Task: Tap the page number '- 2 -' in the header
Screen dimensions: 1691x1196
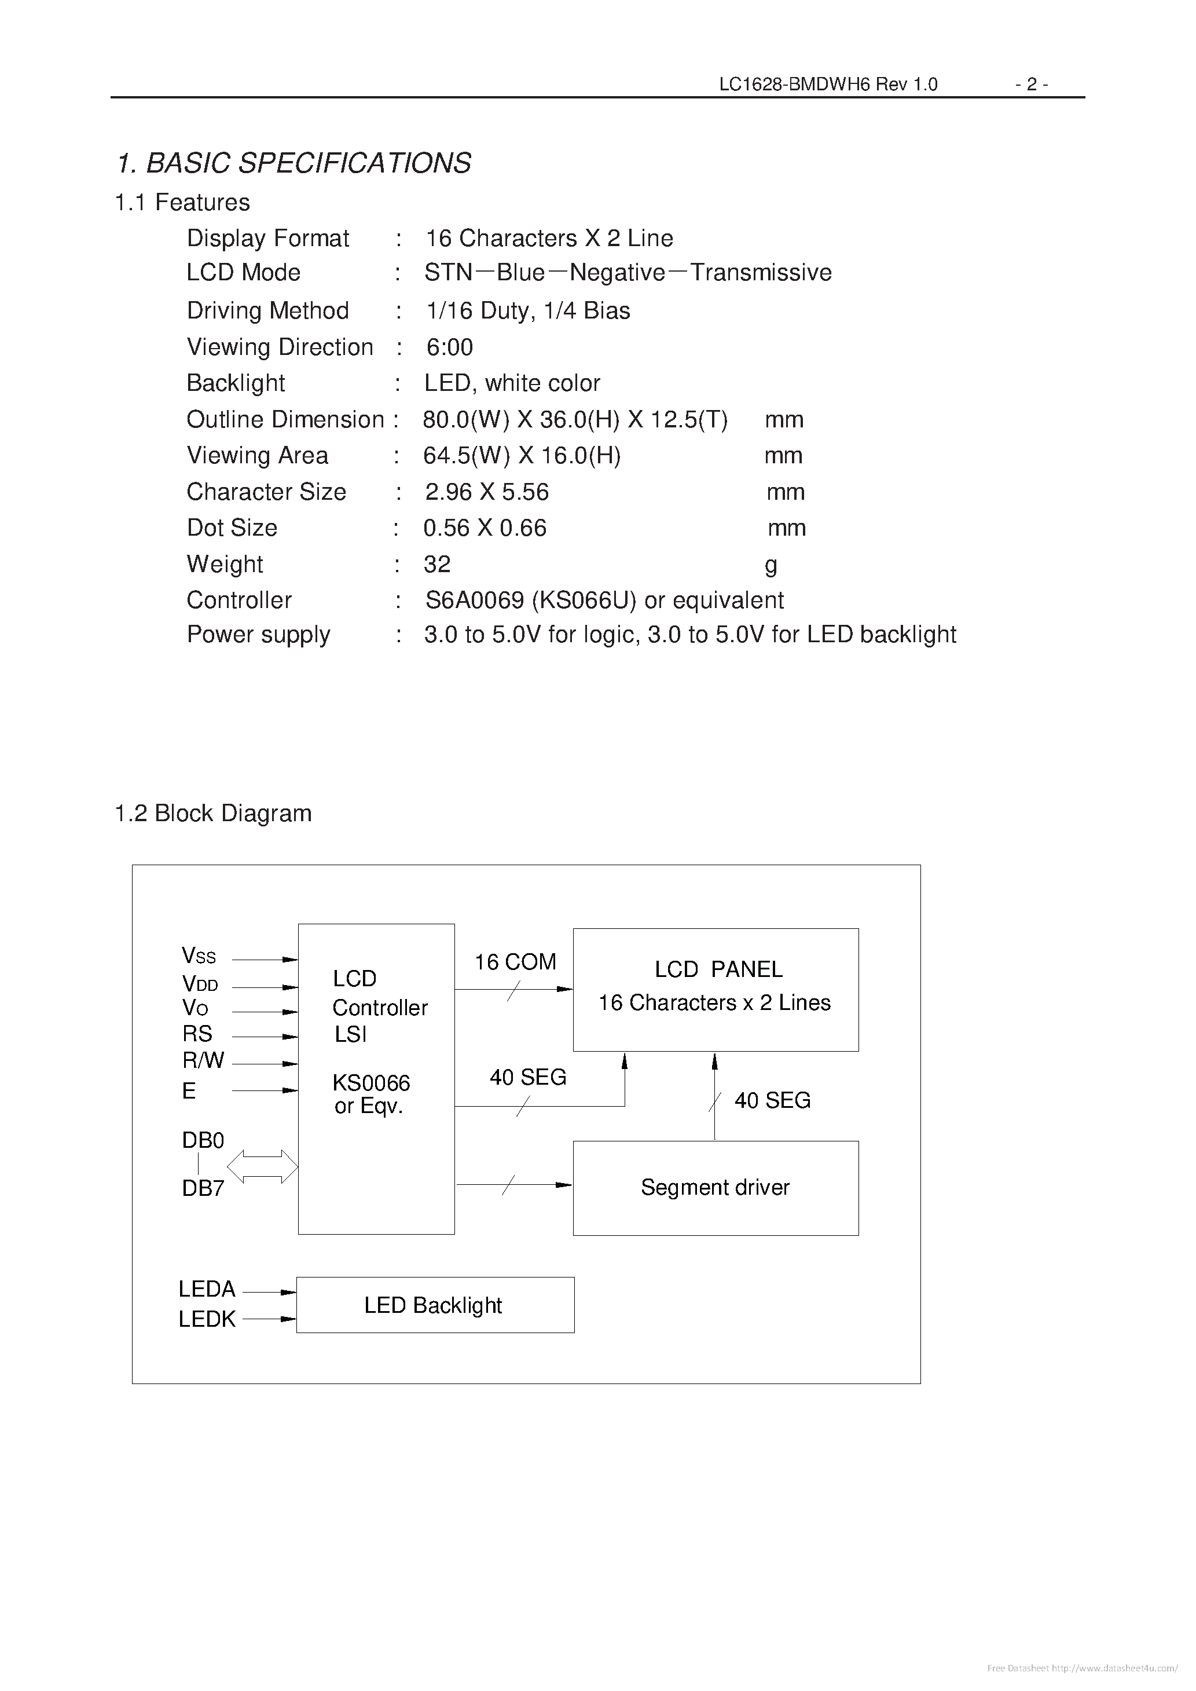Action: [1031, 85]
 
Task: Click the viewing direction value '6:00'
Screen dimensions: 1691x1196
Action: [449, 347]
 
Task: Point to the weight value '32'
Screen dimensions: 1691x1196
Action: [436, 564]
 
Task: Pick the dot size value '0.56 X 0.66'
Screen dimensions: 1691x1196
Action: [485, 528]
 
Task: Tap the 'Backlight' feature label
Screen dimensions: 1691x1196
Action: [236, 383]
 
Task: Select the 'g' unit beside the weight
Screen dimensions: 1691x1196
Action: [771, 565]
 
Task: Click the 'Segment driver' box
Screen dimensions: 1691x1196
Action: [715, 1187]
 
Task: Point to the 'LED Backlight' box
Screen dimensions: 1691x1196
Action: [435, 1305]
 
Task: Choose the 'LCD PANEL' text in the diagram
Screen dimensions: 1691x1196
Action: [718, 969]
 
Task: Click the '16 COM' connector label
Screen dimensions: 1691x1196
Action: [515, 962]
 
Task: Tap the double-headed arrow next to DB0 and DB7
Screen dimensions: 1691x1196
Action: [262, 1166]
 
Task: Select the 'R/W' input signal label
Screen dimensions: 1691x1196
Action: [203, 1060]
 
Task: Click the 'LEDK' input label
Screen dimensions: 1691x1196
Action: [207, 1319]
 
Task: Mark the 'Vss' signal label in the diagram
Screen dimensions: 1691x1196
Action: [199, 956]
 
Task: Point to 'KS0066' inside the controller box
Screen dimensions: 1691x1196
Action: [371, 1083]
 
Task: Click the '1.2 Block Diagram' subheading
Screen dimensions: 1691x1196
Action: [214, 813]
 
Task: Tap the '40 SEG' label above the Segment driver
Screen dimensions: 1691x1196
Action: [773, 1100]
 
